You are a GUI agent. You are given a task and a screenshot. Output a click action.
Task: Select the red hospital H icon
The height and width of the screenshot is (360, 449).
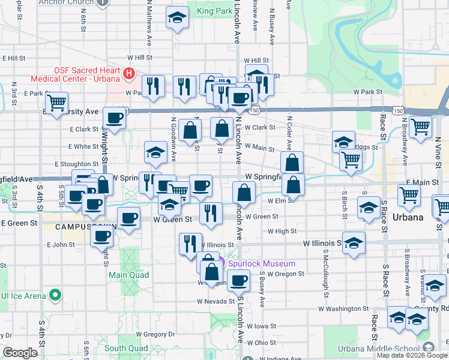[x=128, y=74]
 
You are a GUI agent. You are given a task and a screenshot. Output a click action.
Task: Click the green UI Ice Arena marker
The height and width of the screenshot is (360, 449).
[x=55, y=295]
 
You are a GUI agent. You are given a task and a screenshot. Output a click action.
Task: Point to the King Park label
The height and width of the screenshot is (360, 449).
[x=214, y=11]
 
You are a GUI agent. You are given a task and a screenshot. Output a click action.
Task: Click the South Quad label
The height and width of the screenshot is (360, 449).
[x=126, y=348]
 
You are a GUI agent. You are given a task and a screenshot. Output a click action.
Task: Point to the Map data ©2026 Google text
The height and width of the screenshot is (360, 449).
[x=412, y=355]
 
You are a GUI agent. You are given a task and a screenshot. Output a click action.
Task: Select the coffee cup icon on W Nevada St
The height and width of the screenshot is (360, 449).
[x=239, y=280]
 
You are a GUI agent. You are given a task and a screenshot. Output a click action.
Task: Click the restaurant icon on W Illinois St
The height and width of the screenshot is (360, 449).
[x=190, y=243]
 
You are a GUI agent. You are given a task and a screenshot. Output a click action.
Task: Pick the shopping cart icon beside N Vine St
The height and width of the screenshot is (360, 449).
[x=421, y=126]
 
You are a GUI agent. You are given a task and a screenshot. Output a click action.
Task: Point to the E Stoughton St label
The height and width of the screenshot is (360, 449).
[x=76, y=164]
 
